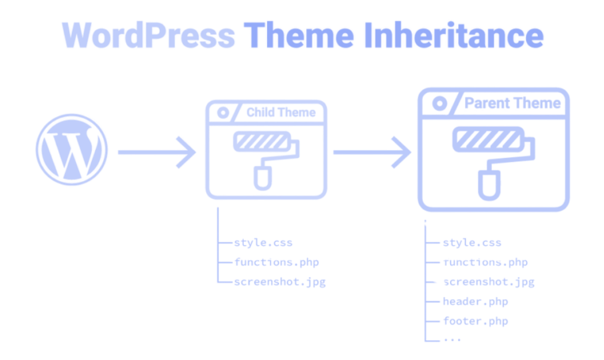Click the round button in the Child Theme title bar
[223, 111]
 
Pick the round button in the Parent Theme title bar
[439, 103]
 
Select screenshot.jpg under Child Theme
[279, 282]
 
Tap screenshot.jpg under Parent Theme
[488, 283]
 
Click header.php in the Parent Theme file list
[476, 302]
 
